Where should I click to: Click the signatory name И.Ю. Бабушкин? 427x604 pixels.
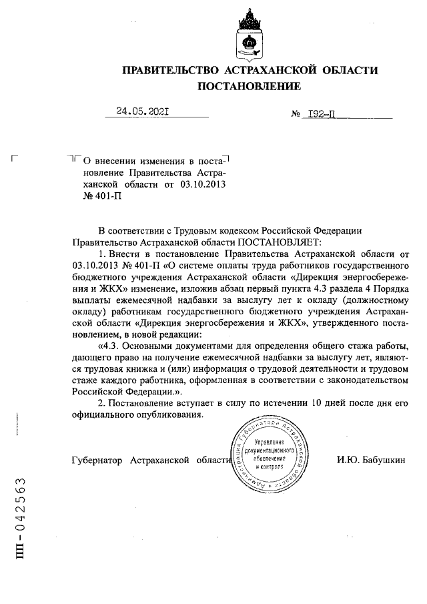click(x=372, y=461)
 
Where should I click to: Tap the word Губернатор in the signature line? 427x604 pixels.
click(x=96, y=461)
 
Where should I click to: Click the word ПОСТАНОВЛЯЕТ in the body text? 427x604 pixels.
click(x=279, y=242)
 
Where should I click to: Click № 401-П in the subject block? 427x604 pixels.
click(x=102, y=197)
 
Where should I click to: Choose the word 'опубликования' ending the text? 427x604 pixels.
click(x=167, y=414)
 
